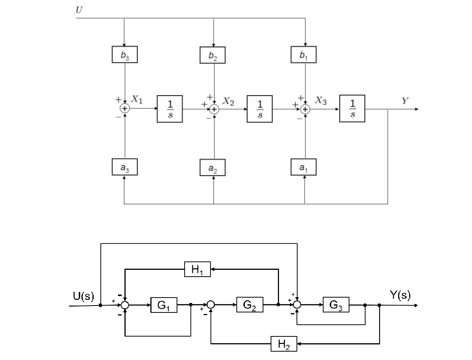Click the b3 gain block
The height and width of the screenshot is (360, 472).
[124, 54]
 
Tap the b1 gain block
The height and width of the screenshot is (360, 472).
[303, 55]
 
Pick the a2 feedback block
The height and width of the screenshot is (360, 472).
[213, 168]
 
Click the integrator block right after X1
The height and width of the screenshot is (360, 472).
[170, 109]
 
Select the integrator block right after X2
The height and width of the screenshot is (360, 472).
[260, 109]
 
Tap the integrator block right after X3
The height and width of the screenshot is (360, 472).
[352, 109]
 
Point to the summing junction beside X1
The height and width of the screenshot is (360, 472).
[124, 109]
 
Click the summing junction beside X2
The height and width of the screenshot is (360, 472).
[214, 109]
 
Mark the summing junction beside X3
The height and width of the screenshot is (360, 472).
[305, 109]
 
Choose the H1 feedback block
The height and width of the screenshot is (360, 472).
[197, 269]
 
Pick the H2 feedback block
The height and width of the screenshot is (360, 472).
[284, 344]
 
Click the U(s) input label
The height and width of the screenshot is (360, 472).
[83, 296]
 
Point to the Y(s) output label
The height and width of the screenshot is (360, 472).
[400, 295]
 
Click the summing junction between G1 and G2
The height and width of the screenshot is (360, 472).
[211, 305]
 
